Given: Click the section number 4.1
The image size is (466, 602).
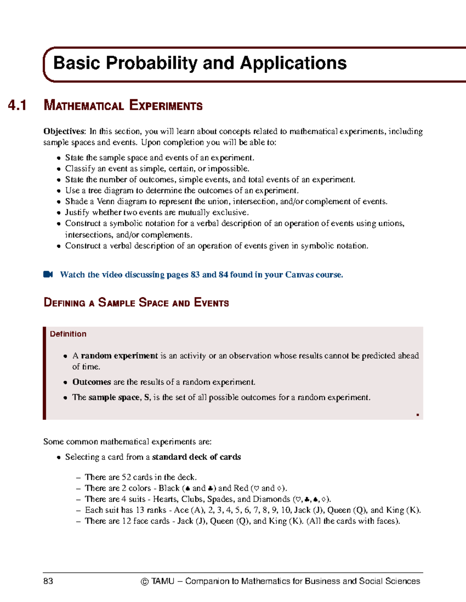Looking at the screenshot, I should [x=17, y=105].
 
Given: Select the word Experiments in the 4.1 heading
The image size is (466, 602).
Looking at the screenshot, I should [x=166, y=105].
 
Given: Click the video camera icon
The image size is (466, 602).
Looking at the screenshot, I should [x=48, y=274].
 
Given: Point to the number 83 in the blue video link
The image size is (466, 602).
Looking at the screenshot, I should [x=195, y=275].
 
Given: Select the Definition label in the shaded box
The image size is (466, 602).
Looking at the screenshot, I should [x=68, y=334].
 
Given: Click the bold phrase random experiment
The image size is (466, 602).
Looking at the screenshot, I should [x=119, y=356].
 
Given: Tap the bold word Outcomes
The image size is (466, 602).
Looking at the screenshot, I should [x=92, y=382].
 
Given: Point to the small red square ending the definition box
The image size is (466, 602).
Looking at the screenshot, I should [x=417, y=415].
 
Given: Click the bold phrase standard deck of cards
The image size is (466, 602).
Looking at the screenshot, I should [x=196, y=457].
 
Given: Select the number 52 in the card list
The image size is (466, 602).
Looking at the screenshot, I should [x=126, y=477].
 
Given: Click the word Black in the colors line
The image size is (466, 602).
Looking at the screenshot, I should [x=169, y=488].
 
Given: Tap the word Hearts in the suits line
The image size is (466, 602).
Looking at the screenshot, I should [x=165, y=499].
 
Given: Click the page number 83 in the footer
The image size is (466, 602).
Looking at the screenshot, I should [x=48, y=581].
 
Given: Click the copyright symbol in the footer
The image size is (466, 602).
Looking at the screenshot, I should [x=144, y=581].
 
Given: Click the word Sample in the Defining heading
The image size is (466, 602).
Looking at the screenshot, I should [x=116, y=303].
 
